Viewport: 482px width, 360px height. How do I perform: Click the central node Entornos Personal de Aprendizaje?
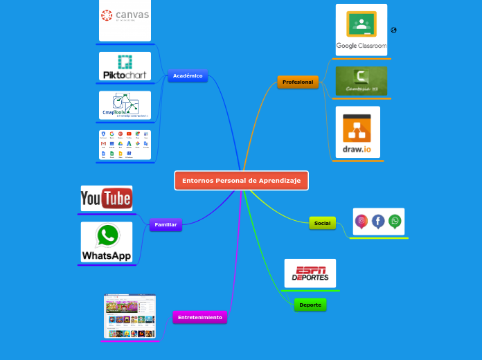[x=241, y=181]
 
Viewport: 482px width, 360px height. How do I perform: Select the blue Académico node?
[x=188, y=75]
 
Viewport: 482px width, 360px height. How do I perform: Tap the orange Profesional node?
[x=298, y=82]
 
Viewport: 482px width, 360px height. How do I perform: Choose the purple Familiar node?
[x=166, y=224]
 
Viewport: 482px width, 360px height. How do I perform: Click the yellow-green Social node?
[x=322, y=223]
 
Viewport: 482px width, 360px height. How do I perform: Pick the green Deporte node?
[x=310, y=305]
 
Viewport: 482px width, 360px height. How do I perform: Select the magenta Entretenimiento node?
[x=199, y=317]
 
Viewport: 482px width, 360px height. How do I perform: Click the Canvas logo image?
[x=125, y=19]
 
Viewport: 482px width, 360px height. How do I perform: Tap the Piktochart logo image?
[x=125, y=66]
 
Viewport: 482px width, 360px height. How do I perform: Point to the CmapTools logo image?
[x=125, y=105]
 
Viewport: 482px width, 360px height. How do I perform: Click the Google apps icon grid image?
[x=125, y=145]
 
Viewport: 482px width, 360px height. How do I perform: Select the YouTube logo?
[x=107, y=199]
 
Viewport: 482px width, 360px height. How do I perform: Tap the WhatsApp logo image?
[x=107, y=242]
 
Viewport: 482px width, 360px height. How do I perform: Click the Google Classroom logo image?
[x=361, y=30]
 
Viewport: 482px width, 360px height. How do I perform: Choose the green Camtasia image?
[x=361, y=81]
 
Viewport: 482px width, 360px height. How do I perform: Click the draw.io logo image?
[x=357, y=132]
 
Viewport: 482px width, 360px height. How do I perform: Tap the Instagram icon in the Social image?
[x=361, y=221]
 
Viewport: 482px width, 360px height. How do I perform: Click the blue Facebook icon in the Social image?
[x=378, y=221]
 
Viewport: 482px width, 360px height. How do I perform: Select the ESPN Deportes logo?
[x=310, y=273]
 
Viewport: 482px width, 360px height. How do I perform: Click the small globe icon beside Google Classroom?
[x=393, y=30]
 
